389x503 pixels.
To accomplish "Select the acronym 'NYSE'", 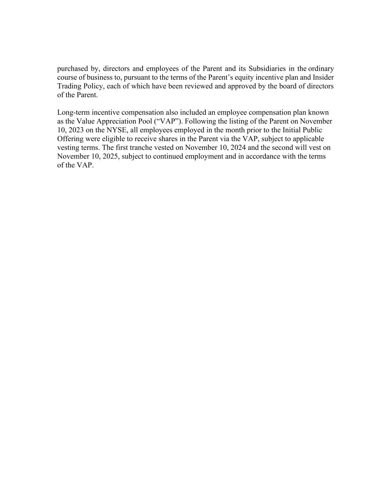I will click(116, 130).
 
